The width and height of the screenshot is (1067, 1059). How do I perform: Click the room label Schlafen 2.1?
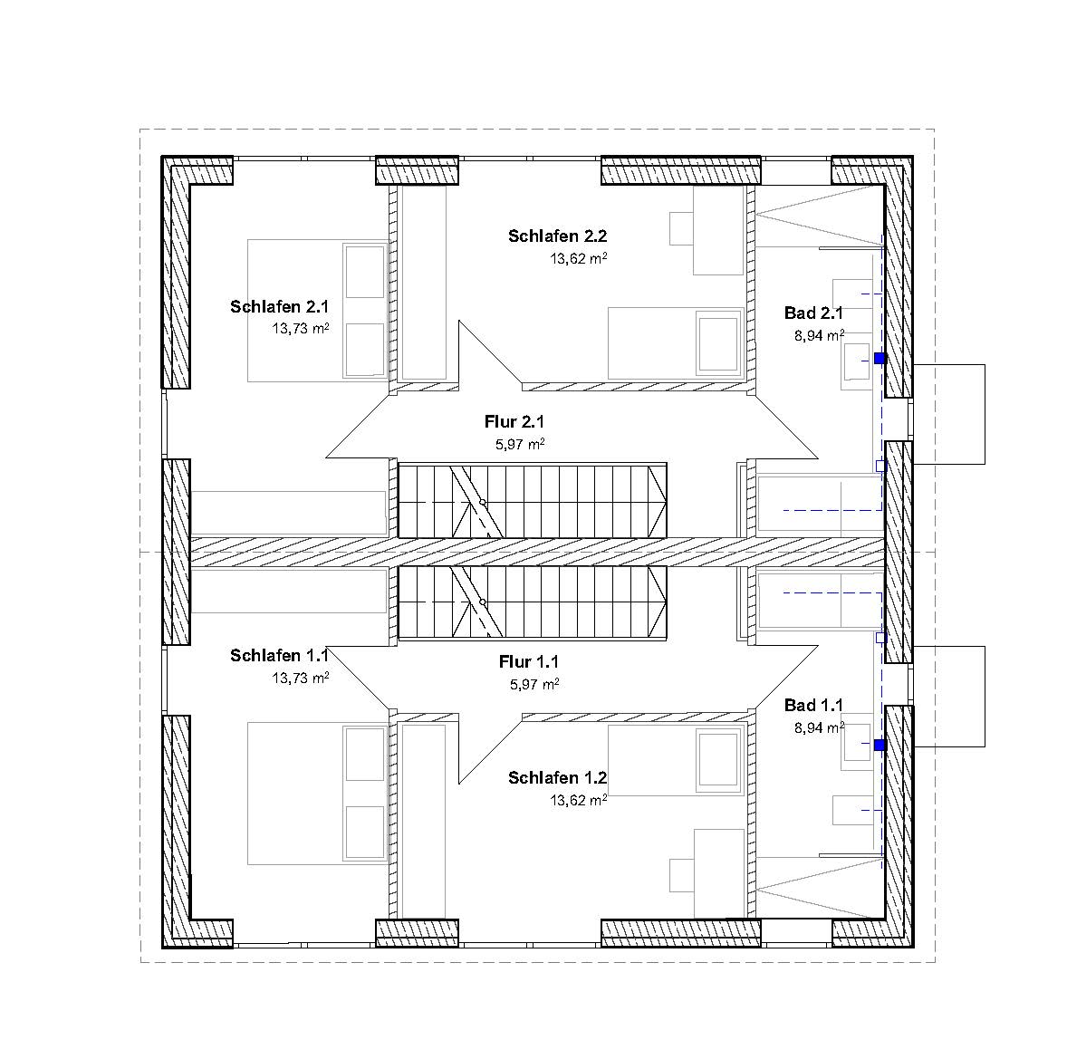(279, 306)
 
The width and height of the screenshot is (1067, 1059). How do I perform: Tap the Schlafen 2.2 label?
(557, 236)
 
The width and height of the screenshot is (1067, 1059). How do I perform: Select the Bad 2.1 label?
(813, 313)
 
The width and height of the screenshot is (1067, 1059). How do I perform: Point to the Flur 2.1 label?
(514, 422)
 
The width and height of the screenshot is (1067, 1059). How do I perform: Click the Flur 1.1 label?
(528, 661)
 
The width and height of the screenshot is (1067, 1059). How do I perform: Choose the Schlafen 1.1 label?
(279, 655)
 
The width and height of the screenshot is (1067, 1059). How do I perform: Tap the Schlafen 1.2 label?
(557, 778)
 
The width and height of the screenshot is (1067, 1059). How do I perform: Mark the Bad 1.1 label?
(813, 705)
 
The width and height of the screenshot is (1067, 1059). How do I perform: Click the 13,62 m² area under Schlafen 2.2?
(579, 258)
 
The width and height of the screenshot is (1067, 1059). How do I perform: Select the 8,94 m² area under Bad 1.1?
(820, 727)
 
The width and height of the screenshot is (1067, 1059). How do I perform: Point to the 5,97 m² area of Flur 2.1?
(520, 445)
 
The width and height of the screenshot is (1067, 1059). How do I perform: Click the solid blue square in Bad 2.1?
(880, 358)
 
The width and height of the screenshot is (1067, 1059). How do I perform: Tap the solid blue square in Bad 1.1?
(880, 746)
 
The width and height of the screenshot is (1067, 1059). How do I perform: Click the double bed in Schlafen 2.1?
(318, 311)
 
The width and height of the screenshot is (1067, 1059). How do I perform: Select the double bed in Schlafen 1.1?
(318, 794)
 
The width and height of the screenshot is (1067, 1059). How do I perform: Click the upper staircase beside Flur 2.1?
(532, 500)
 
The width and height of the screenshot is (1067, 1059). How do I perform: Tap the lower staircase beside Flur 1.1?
(532, 603)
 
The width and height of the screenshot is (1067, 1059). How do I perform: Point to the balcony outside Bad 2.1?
(948, 415)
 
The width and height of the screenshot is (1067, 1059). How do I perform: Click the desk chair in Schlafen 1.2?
(681, 875)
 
